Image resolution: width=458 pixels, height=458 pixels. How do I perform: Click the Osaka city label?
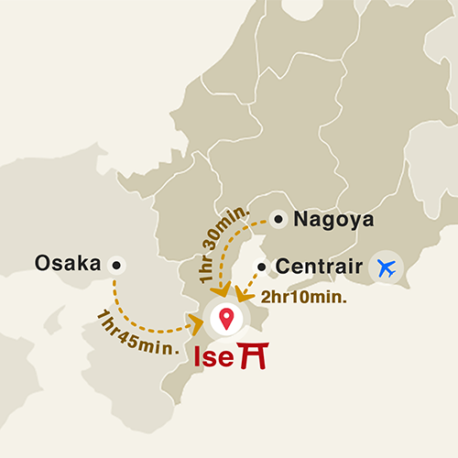coord(67,264)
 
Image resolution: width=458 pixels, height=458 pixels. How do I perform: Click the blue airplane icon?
coord(387,268)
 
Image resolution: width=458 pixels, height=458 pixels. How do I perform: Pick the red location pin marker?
coord(225,319)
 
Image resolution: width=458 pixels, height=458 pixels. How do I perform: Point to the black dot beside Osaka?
coord(115,265)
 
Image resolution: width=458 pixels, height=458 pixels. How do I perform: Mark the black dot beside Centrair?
coord(262,268)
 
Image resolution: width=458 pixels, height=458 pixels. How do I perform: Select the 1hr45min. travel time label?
coord(137,333)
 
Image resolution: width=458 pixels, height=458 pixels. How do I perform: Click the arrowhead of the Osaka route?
coord(196,322)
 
